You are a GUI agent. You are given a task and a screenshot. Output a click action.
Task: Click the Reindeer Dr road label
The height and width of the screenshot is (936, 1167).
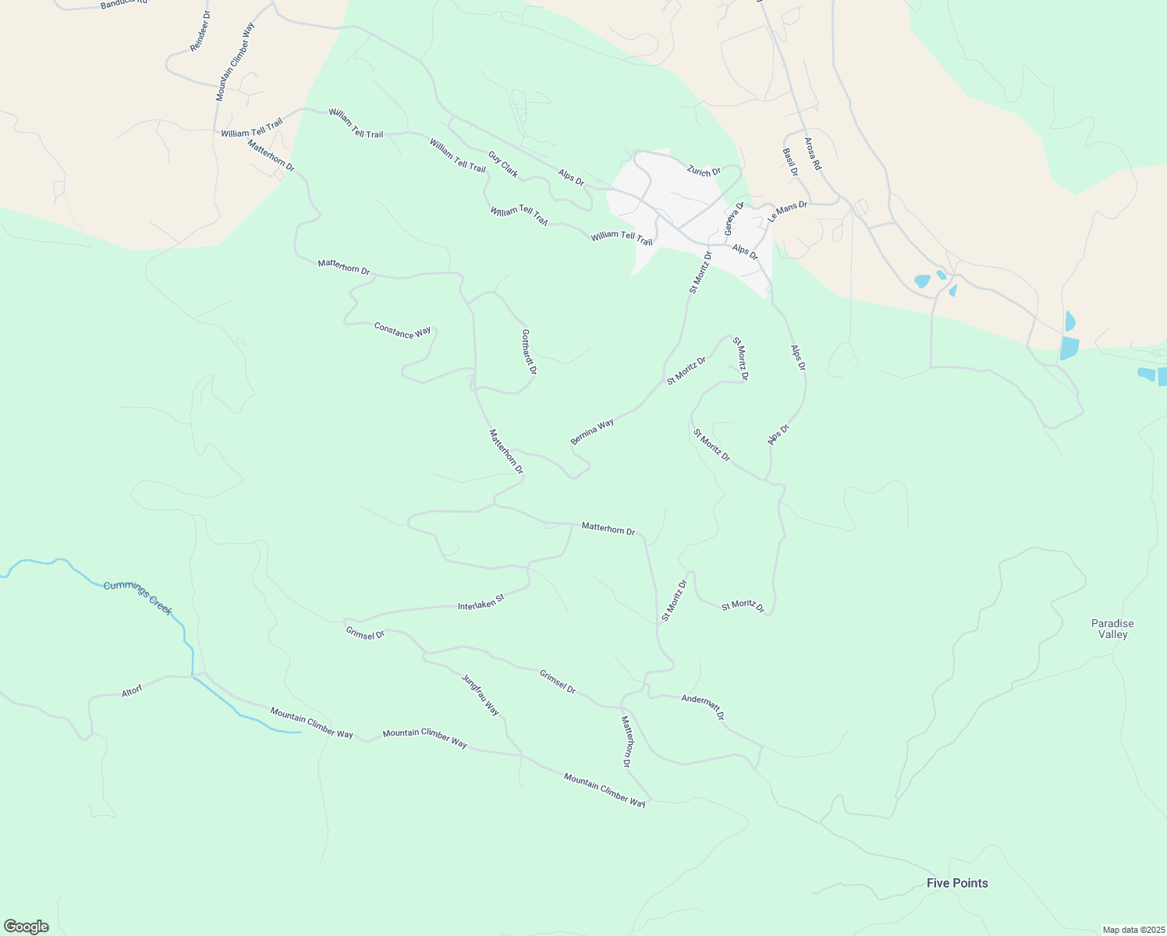point(200,32)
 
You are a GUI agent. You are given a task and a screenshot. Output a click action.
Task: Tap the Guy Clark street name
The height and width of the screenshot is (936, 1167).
point(503,164)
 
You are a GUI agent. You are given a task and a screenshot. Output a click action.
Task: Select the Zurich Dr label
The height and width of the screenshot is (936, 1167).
point(704,170)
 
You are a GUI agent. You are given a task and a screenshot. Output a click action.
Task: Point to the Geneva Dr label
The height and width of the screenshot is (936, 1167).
point(734,218)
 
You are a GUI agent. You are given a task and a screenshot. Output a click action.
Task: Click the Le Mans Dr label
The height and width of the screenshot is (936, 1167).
point(787,211)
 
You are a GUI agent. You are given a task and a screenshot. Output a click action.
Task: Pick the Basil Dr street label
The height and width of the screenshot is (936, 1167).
point(790,161)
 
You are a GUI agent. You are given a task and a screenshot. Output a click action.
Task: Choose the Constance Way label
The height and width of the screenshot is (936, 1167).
point(403,331)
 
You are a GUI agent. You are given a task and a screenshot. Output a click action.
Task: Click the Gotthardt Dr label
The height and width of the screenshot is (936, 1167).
point(528,352)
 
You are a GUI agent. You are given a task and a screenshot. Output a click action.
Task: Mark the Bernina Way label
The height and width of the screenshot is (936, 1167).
point(592,431)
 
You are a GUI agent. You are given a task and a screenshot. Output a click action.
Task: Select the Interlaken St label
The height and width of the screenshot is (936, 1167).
point(481,601)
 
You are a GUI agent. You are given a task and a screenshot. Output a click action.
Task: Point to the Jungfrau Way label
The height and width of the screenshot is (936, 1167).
point(480,694)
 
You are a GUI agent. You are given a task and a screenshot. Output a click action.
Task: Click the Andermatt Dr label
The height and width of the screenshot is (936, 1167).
point(703,707)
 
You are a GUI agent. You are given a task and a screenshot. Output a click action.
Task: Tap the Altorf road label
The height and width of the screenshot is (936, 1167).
point(132,691)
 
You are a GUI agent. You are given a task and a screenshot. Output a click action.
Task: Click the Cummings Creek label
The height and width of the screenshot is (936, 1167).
point(138,597)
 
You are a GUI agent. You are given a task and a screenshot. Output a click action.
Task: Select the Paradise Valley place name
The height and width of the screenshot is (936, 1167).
point(1112,629)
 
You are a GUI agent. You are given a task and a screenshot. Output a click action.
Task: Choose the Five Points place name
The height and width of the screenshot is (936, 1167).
point(957,883)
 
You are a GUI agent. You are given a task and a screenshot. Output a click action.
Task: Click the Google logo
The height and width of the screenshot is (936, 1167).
point(27,927)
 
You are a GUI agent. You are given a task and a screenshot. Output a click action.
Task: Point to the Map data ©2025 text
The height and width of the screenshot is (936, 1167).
point(1133,930)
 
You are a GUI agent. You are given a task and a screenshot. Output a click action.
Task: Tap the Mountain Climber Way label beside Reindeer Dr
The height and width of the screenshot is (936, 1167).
point(235,62)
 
